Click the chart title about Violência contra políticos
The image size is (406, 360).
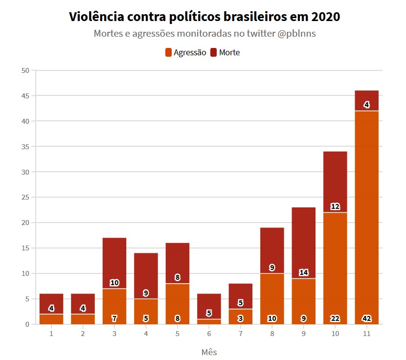(204, 17)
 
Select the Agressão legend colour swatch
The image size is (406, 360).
(169, 52)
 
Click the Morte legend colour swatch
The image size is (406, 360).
(214, 52)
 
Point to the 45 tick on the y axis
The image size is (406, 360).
(26, 96)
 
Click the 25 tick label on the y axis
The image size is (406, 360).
(26, 198)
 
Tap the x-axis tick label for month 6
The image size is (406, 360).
(209, 334)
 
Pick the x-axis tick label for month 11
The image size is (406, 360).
(366, 334)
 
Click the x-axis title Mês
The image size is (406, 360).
(209, 352)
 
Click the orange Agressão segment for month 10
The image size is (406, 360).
(335, 264)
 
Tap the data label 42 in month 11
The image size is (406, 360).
(366, 318)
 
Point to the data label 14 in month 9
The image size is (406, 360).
(303, 272)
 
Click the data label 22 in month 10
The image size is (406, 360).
(335, 318)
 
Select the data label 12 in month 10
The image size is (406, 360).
(335, 206)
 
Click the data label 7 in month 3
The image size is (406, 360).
(114, 318)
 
